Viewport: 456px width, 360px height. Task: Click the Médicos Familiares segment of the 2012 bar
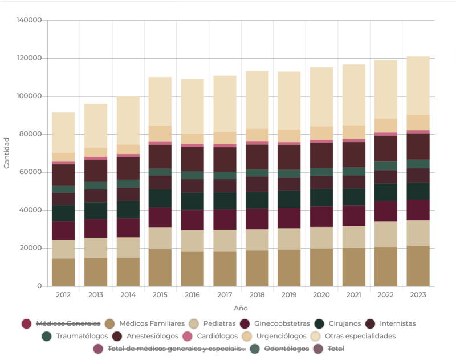(63, 272)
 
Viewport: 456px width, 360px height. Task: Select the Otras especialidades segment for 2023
(418, 86)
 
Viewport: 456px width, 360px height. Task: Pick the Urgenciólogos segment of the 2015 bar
(160, 134)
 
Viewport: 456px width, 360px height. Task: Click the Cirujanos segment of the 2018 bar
(257, 200)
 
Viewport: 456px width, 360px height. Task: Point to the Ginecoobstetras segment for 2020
(321, 217)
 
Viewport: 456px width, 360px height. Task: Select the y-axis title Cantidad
(7, 153)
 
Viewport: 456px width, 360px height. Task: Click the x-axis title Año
(241, 308)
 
